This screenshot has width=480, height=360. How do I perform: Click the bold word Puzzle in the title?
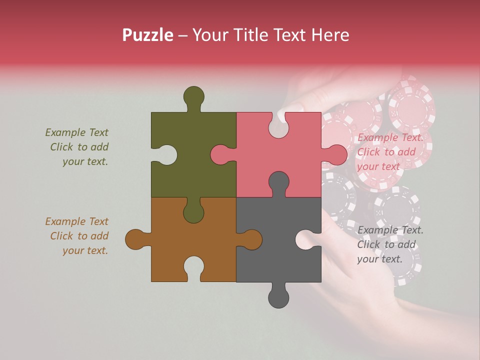(x=148, y=35)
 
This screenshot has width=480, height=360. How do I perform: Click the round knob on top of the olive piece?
(x=193, y=96)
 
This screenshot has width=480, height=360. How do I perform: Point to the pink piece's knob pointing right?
(x=335, y=154)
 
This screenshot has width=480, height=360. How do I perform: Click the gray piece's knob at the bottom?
(x=278, y=297)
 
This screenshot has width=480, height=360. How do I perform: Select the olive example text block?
(x=78, y=147)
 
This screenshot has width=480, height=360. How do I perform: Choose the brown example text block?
(x=78, y=236)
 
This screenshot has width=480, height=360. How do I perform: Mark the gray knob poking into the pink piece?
(x=278, y=183)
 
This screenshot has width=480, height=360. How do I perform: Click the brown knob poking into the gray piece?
(x=250, y=239)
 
